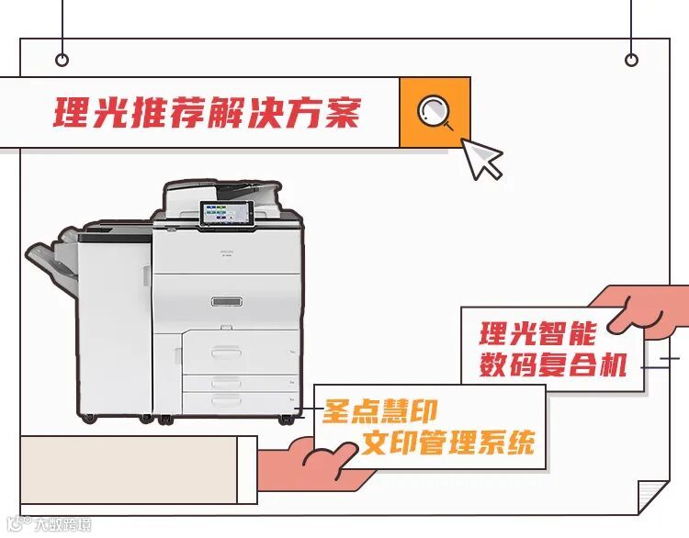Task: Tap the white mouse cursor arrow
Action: click(x=481, y=158)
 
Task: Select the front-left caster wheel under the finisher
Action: click(x=88, y=418)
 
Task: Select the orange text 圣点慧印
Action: click(x=379, y=410)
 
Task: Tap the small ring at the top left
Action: click(x=62, y=61)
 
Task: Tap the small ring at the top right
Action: click(x=631, y=61)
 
